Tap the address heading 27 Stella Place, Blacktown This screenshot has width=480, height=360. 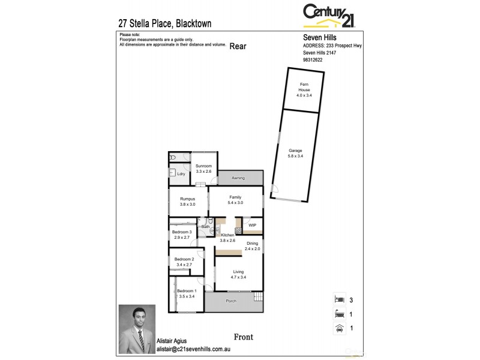[165, 24]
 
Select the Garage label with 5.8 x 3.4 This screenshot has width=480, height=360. [295, 153]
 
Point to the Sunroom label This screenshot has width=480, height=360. [204, 169]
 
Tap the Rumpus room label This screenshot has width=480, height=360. [187, 202]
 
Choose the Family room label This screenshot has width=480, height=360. [235, 200]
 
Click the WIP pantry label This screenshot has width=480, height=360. [252, 226]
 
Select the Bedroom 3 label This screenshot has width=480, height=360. [182, 235]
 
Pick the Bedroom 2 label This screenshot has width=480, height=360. [184, 262]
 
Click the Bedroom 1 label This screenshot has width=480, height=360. [186, 293]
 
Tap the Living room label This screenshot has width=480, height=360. [239, 274]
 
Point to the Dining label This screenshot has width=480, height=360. [253, 245]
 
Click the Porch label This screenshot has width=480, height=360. [230, 301]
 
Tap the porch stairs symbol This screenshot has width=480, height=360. [258, 298]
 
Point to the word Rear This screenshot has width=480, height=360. [238, 46]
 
